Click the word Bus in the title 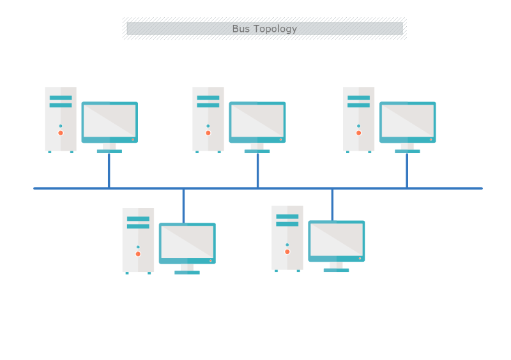tap(241, 29)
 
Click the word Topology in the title tap(275, 29)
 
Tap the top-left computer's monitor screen tap(110, 120)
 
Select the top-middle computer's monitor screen tap(257, 120)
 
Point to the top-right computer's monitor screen tap(408, 120)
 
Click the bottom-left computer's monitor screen tap(187, 241)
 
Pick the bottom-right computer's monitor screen tap(337, 239)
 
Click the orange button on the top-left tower tap(61, 133)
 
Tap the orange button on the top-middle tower tap(208, 133)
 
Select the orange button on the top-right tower tap(358, 133)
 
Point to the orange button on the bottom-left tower tap(138, 253)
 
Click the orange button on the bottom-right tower tap(287, 251)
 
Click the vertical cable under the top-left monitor tap(109, 171)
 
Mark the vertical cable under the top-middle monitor tap(257, 171)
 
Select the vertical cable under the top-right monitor tap(407, 171)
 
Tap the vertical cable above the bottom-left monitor tap(183, 206)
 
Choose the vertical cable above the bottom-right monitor tap(332, 204)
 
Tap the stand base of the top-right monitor tap(408, 151)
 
